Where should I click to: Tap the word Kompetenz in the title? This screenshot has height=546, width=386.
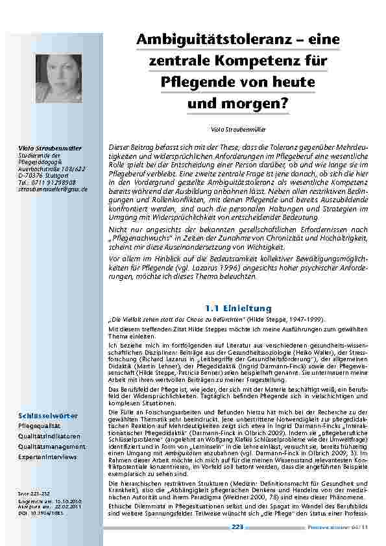[259, 61]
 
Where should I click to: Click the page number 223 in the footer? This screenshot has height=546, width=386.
[237, 527]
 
